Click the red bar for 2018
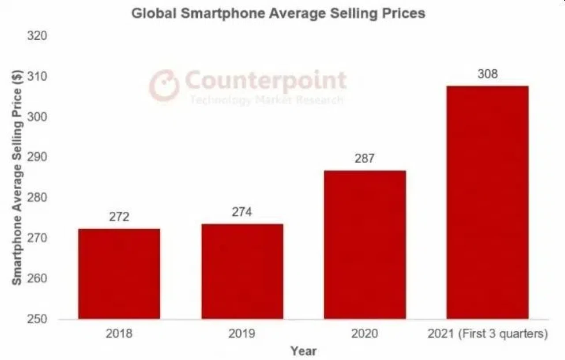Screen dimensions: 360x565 [x=119, y=274]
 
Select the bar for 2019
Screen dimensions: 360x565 [x=242, y=271]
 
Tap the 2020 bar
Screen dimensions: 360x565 [x=365, y=245]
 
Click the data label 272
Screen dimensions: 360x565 [x=119, y=217]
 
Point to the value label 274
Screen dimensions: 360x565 [x=242, y=212]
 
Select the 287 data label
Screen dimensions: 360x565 [x=365, y=159]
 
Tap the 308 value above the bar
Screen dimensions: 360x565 [x=487, y=74]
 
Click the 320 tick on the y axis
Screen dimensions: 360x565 [x=37, y=36]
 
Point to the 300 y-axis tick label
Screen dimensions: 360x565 [x=37, y=117]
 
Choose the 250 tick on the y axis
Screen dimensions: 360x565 [x=37, y=319]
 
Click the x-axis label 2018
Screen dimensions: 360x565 [x=119, y=334]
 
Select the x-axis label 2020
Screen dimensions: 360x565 [x=365, y=334]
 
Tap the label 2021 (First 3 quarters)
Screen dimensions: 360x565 [x=487, y=334]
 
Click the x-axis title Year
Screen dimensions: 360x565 [x=303, y=351]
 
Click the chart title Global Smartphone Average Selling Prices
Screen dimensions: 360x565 [x=279, y=13]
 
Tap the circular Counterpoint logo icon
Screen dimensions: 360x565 [x=164, y=85]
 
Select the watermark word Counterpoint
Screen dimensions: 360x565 [x=266, y=81]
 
